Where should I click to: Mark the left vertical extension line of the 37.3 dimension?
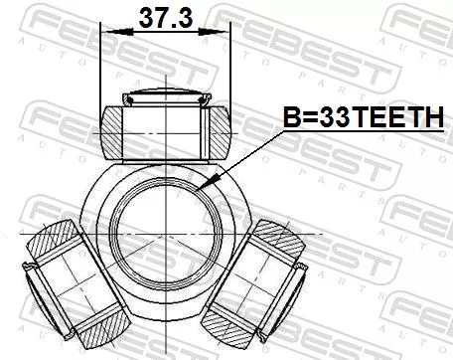[102, 70]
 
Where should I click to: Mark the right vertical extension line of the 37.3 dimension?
[230, 70]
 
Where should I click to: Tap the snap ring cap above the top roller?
[166, 98]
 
